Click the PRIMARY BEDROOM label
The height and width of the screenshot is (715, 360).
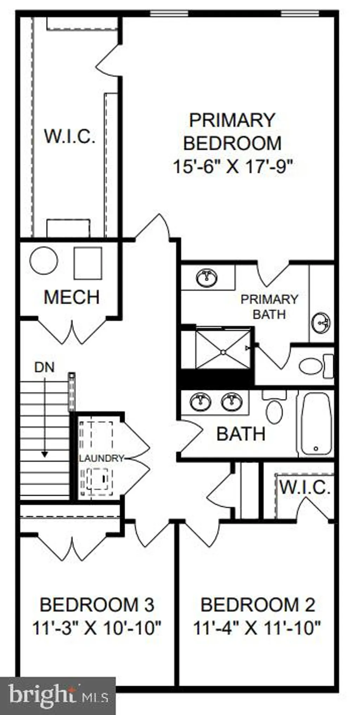coord(232,131)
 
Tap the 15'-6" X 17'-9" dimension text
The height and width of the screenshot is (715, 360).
coord(233,166)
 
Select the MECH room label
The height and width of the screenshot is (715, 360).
coord(72,297)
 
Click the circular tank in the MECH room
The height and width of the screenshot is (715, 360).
coord(44,260)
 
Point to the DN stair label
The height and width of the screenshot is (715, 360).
coord(44,367)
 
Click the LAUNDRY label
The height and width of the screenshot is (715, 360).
coord(101,458)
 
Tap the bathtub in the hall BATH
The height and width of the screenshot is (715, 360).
coord(316,424)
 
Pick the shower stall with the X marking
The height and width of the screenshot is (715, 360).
coord(223,348)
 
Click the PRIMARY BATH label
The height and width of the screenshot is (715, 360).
coord(269,307)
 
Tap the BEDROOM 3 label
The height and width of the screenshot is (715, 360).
coord(97,605)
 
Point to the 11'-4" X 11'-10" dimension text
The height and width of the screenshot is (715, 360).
coord(257,628)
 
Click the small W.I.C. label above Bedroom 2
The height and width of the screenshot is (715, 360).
coord(304,488)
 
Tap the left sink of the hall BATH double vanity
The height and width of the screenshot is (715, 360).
coord(200,402)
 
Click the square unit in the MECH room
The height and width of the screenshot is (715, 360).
coord(88,263)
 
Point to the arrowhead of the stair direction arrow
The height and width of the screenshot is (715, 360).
coord(44,454)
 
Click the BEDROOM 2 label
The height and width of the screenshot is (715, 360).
coord(258,605)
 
